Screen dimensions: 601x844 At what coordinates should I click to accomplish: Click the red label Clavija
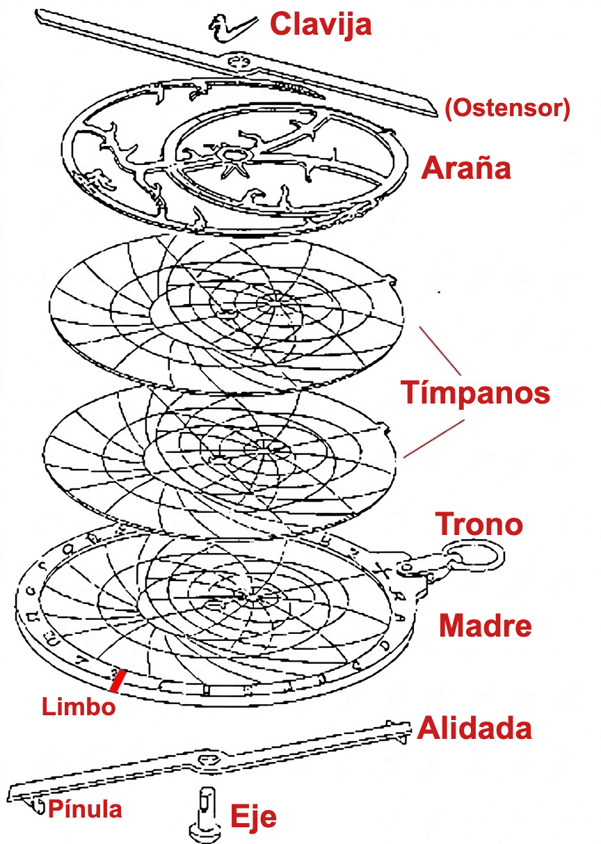(x=321, y=25)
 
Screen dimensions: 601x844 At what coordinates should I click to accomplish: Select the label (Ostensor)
(x=507, y=109)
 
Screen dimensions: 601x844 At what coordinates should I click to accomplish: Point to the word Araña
(x=466, y=168)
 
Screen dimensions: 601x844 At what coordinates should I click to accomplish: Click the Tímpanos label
(x=475, y=392)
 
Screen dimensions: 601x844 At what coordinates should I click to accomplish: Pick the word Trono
(x=479, y=523)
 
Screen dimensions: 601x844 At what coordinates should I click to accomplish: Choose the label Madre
(x=485, y=626)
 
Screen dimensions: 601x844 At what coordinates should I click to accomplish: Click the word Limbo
(x=79, y=706)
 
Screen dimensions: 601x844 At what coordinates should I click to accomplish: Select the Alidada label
(x=474, y=728)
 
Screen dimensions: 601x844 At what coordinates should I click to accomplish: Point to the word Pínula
(x=85, y=809)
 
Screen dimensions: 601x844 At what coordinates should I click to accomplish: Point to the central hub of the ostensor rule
(x=237, y=61)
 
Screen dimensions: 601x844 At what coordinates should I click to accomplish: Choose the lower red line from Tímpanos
(x=434, y=439)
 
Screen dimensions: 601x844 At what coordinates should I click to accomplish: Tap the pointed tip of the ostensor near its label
(x=437, y=113)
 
